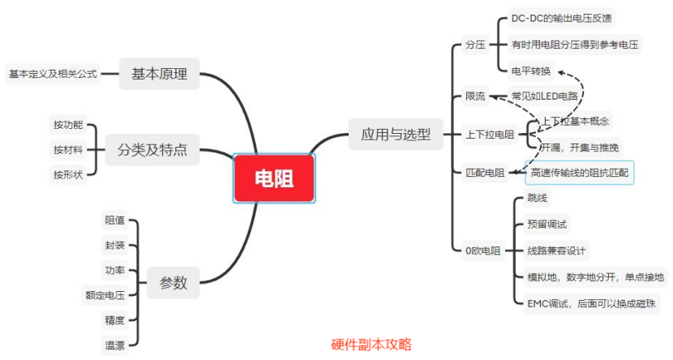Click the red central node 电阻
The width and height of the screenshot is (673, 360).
click(x=274, y=178)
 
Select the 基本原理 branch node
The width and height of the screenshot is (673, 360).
click(x=159, y=75)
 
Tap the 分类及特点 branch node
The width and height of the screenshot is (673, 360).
click(x=152, y=149)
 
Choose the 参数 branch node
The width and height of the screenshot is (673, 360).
click(x=173, y=283)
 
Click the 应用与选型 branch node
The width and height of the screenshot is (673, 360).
click(x=396, y=134)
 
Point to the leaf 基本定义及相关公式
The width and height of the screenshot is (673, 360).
click(x=53, y=74)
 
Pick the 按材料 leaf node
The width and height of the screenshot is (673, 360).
click(x=68, y=149)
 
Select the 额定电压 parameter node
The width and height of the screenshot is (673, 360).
click(x=105, y=295)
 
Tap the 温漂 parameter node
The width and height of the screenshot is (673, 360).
click(x=114, y=345)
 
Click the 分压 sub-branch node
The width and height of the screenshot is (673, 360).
click(x=475, y=45)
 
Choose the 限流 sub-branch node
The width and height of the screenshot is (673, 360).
click(x=475, y=96)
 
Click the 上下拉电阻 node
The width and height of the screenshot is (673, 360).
click(x=490, y=134)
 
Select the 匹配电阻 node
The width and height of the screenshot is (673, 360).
click(x=485, y=173)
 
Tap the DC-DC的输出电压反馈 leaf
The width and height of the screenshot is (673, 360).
click(x=567, y=18)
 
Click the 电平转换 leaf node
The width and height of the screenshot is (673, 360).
click(x=533, y=71)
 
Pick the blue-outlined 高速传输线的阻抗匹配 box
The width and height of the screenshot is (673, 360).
click(x=579, y=173)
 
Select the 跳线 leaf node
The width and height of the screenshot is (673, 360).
click(x=537, y=198)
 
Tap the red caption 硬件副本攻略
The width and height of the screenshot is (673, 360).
click(x=371, y=344)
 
